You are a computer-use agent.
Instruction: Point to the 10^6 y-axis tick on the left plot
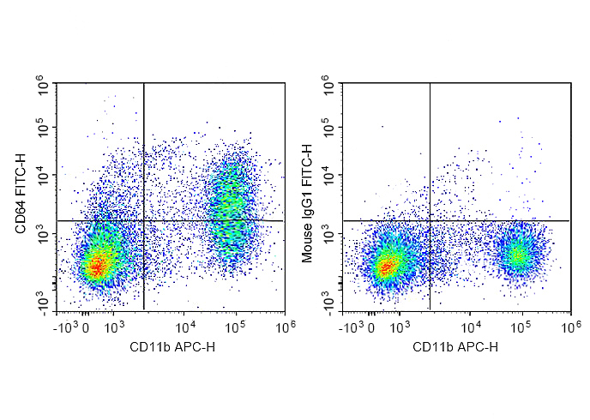point(41,84)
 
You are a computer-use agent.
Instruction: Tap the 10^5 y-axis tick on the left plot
point(41,129)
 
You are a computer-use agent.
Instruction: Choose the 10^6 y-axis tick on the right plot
point(327,84)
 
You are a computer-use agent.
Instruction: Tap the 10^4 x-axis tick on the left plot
point(185,326)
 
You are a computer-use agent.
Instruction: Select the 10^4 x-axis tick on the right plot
point(471,326)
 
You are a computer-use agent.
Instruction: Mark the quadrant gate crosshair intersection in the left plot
point(143,220)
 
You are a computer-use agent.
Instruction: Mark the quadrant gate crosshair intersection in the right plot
point(430,220)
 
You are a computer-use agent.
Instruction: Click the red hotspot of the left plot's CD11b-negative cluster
point(97,267)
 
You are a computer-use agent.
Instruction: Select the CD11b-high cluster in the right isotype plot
point(518,255)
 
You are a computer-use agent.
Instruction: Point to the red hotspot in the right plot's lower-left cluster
point(385,267)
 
